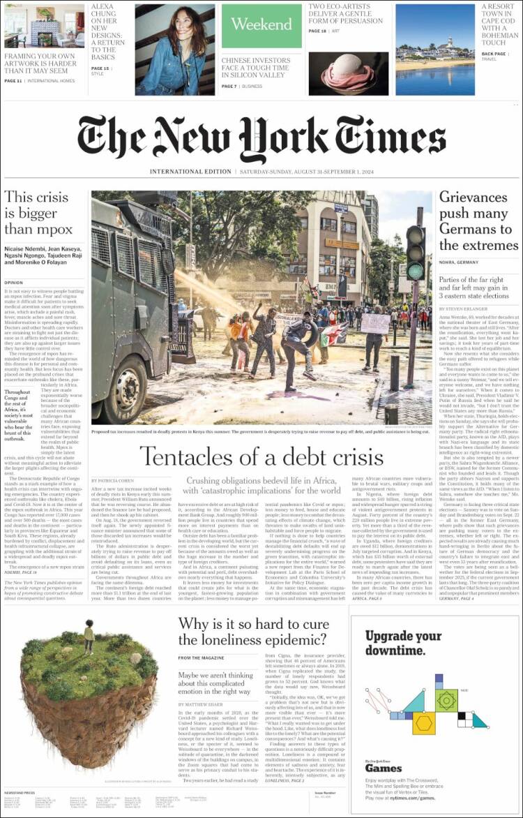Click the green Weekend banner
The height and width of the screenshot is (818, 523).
pyautogui.click(x=261, y=25)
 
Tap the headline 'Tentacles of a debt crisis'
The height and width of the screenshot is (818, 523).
pyautogui.click(x=261, y=456)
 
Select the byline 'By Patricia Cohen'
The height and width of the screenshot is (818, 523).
pyautogui.click(x=112, y=481)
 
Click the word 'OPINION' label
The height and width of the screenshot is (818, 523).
pyautogui.click(x=14, y=283)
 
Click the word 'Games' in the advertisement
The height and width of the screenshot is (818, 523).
pyautogui.click(x=384, y=768)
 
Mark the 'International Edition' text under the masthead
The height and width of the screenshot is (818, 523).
pyautogui.click(x=190, y=172)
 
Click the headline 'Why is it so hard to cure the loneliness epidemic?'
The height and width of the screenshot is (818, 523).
pyautogui.click(x=252, y=632)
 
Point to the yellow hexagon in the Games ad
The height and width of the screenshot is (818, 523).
pyautogui.click(x=423, y=723)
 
